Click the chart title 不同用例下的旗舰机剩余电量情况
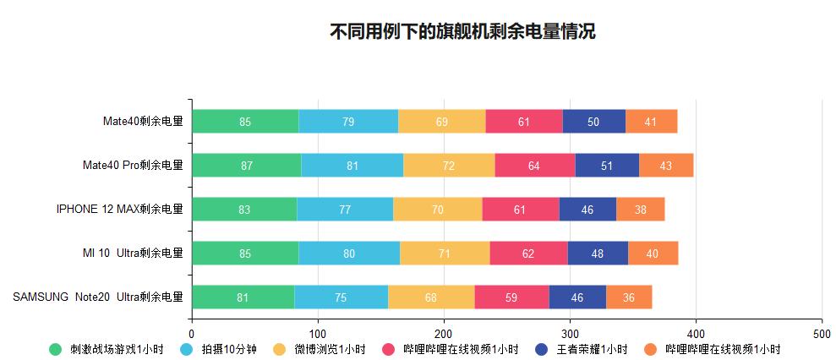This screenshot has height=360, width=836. tap(462, 32)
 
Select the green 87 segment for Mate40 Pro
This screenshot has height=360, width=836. tap(246, 166)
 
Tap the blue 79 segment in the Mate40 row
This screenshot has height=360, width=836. tap(348, 122)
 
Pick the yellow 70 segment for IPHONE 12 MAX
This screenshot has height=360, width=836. tap(437, 210)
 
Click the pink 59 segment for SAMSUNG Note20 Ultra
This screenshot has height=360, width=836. tap(511, 297)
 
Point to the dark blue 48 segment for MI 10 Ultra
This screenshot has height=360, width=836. tap(597, 254)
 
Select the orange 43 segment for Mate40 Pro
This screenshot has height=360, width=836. tap(665, 166)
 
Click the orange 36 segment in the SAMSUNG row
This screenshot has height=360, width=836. tap(628, 297)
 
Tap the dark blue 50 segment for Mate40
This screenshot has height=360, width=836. tap(593, 122)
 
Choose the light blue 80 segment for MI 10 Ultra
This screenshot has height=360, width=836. tap(349, 254)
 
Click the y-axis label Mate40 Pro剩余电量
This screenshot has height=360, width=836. tap(132, 166)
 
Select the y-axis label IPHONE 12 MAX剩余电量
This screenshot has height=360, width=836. tap(119, 210)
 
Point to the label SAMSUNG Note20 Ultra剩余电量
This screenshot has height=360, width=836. tap(98, 297)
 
